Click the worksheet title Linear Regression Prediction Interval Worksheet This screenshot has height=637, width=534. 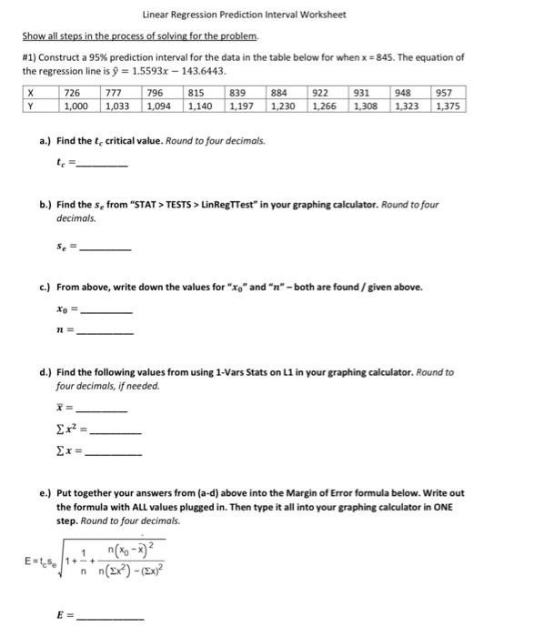click(244, 15)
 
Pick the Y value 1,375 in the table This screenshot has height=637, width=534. click(448, 106)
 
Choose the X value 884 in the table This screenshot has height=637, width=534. click(281, 93)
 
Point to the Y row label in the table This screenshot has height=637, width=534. click(31, 106)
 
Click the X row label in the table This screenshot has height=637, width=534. click(31, 93)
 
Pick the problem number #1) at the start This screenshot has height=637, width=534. click(31, 57)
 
